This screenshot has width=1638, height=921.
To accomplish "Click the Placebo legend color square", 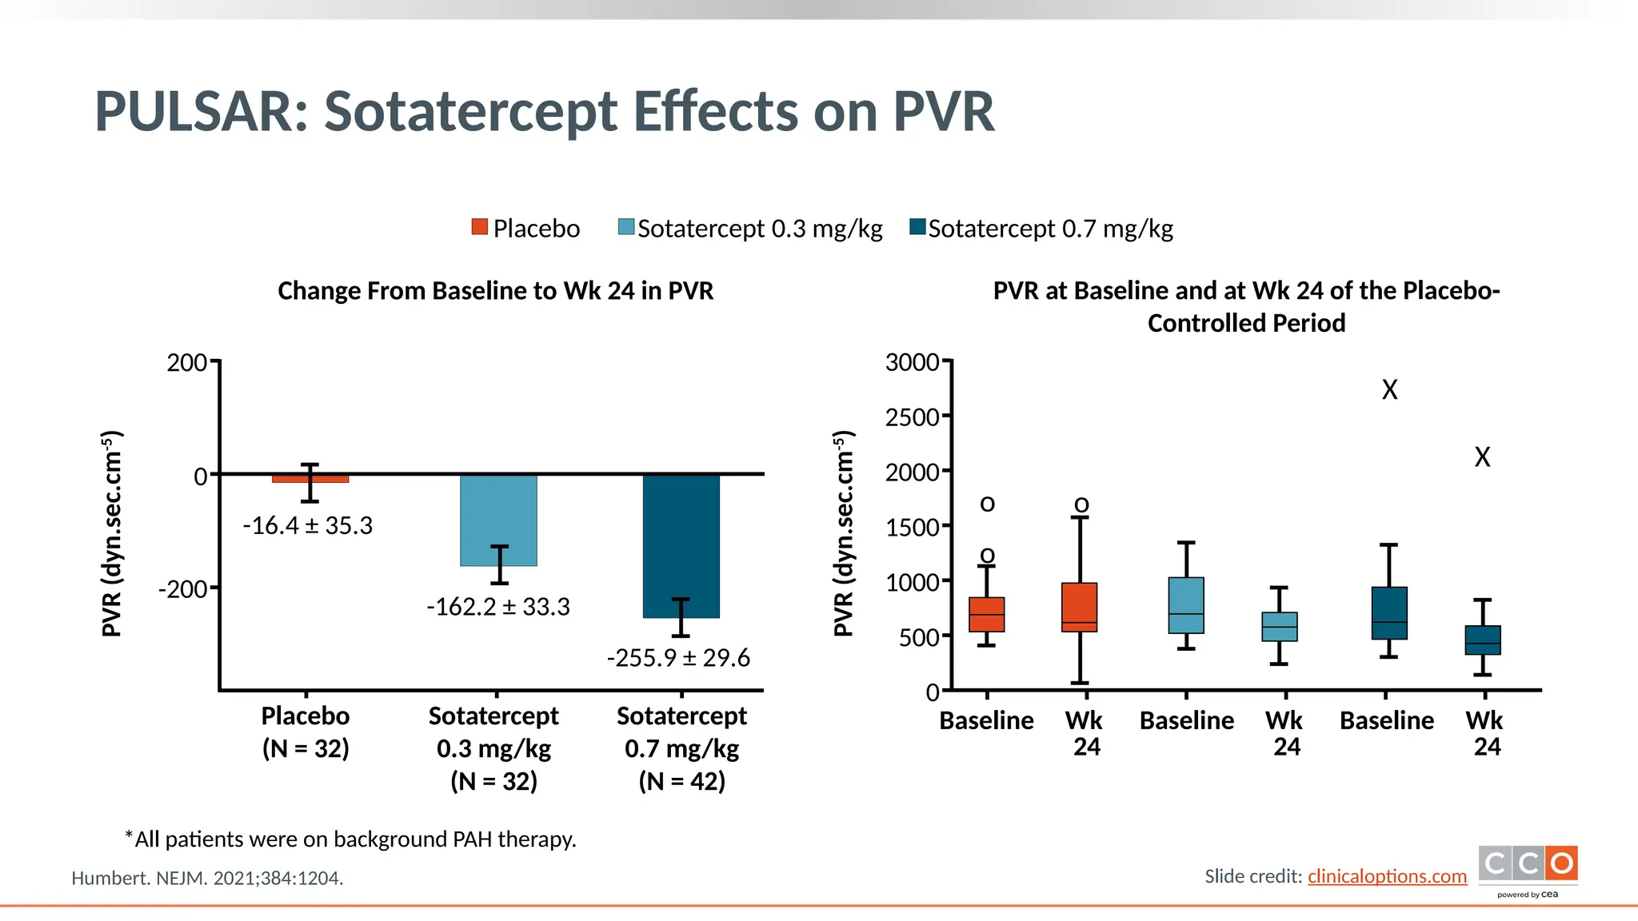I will point(479,227).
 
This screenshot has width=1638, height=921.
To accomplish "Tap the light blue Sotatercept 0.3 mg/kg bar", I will point(498,520).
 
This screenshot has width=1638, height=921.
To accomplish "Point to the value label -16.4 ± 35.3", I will point(307,526).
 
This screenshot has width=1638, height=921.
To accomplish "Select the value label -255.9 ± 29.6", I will point(678,658).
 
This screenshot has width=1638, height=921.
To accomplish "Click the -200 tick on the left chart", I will point(184,589).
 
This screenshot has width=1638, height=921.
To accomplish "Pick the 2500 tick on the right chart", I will point(913,417).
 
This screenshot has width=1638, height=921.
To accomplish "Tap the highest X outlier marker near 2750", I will point(1389,390).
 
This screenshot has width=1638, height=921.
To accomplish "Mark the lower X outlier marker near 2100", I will point(1482,457).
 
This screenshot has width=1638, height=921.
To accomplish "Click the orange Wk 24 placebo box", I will point(1079,608).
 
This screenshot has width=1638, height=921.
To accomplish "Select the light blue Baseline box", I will point(1185,605).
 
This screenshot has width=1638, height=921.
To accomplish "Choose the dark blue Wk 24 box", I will point(1482,640).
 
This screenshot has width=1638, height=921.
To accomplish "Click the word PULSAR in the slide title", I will point(201,111).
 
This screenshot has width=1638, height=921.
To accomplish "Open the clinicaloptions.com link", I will point(1387,876).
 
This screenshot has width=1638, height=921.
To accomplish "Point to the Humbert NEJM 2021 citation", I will point(207,878).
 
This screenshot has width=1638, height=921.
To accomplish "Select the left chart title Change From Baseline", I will point(495,291).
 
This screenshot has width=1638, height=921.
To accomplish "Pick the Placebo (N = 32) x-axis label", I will point(306,732).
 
